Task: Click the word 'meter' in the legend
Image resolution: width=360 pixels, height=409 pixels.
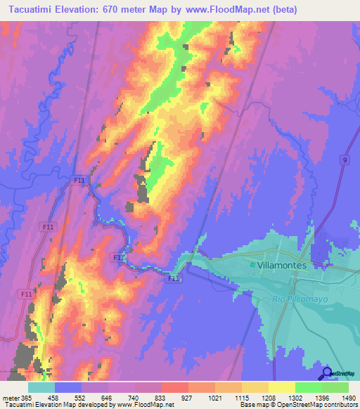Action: tap(9, 397)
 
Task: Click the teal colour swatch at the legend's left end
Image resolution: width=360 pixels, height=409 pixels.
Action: tap(41, 387)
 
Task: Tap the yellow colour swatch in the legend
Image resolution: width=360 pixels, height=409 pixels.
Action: tap(282, 387)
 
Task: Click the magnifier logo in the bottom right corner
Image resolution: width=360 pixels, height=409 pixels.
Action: tap(326, 374)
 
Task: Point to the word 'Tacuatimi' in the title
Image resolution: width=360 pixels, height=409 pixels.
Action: tap(28, 9)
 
